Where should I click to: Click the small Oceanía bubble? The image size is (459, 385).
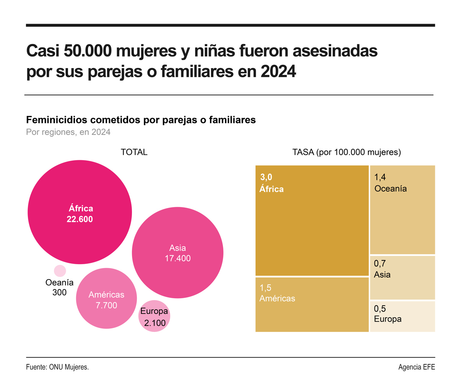(60, 271)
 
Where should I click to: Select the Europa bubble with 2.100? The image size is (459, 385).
(154, 316)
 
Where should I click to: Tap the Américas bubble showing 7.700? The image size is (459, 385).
(106, 298)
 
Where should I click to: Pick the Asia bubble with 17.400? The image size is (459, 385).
(177, 253)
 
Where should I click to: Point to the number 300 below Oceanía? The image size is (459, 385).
(59, 292)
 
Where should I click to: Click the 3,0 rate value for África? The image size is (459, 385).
(266, 177)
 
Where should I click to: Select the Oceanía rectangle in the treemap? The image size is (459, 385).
(402, 210)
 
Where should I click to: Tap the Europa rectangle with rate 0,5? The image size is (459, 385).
(402, 316)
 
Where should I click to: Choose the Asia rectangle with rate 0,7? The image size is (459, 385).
(402, 277)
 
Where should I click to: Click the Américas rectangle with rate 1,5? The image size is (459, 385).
(311, 304)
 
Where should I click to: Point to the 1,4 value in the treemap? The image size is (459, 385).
(381, 177)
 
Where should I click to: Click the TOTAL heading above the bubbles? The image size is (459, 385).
(134, 152)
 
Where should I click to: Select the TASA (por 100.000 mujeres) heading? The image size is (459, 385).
(346, 152)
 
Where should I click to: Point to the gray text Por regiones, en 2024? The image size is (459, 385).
(68, 132)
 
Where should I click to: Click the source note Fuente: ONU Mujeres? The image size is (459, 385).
(57, 367)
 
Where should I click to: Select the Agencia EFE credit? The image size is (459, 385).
(416, 367)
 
